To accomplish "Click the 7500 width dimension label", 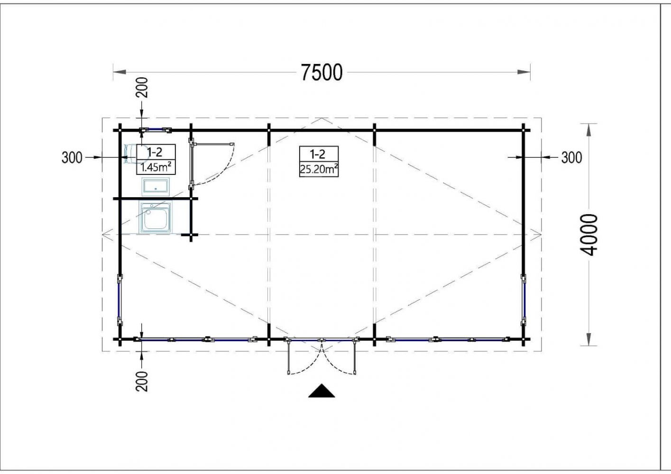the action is (x=322, y=73).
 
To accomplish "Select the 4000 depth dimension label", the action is (x=589, y=235).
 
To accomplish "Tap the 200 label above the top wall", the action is (x=142, y=87).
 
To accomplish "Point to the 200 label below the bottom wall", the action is (x=142, y=382).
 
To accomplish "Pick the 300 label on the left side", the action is (x=72, y=157).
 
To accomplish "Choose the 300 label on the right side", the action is (x=571, y=157).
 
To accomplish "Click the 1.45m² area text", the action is (x=156, y=167).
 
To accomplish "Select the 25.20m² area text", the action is (x=319, y=170).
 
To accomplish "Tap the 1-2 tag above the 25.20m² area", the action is (x=317, y=154).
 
